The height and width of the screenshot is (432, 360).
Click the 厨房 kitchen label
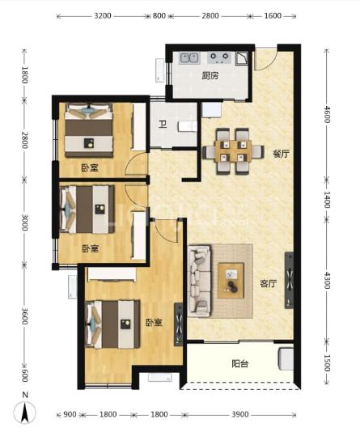[210, 76]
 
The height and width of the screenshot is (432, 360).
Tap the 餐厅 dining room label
[282, 154]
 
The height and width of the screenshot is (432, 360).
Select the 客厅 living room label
[269, 283]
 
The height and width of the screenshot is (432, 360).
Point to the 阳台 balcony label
[240, 364]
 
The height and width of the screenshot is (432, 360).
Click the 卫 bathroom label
[163, 125]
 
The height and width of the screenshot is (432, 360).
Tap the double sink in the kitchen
[189, 58]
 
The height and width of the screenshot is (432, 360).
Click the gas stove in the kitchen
[219, 57]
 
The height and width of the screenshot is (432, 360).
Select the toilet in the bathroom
[188, 127]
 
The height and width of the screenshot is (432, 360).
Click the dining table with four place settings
[234, 151]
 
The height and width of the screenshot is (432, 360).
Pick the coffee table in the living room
[231, 281]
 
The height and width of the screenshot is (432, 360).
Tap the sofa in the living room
[199, 281]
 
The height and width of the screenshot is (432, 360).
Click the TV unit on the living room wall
[289, 280]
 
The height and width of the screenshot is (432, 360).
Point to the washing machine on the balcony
[286, 358]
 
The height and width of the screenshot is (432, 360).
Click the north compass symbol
[25, 409]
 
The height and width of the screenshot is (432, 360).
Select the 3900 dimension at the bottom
[240, 414]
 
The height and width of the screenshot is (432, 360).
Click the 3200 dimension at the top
[103, 16]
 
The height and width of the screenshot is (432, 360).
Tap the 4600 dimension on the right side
[327, 114]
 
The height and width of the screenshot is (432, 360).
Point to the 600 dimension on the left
[25, 375]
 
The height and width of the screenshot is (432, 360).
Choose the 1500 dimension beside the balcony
[327, 363]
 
